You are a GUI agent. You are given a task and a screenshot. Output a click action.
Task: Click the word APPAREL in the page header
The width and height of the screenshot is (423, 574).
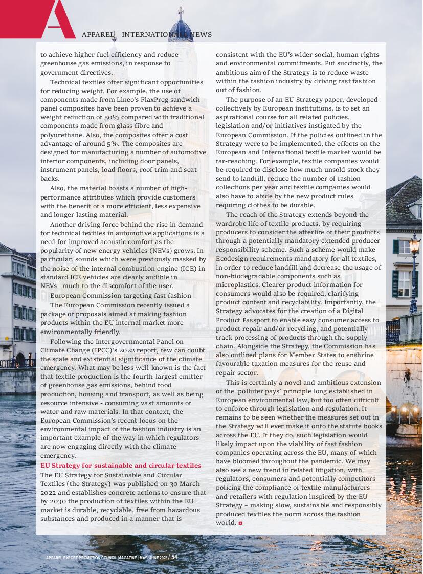point(98,35)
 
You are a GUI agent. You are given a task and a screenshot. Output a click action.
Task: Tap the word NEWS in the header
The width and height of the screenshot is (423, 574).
point(203,35)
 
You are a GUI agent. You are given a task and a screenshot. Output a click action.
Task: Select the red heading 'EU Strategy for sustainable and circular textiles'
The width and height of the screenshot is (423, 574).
point(121,466)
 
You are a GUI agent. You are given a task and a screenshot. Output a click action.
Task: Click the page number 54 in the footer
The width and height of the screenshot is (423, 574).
point(174,557)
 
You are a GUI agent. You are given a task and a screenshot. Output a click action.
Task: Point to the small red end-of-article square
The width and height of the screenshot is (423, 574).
point(240,523)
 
